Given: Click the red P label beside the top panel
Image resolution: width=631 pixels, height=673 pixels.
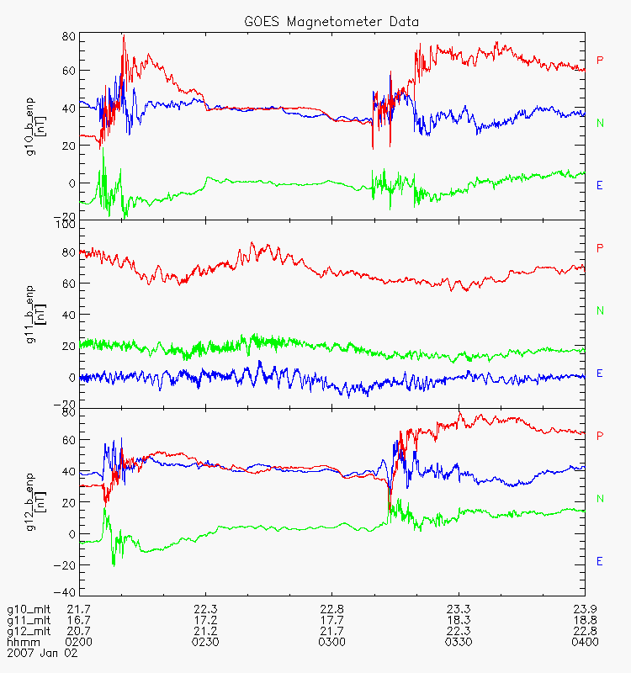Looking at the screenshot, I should pos(600,60).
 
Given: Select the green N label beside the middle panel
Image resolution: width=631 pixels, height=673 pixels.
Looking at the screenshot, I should pos(600,310).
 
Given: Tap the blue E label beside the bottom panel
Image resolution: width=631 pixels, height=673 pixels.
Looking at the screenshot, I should pos(600,561).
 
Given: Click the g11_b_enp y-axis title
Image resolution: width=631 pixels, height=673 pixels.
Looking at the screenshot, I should pos(34,312).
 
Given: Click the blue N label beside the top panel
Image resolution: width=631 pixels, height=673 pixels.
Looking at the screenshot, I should pos(600,123).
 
